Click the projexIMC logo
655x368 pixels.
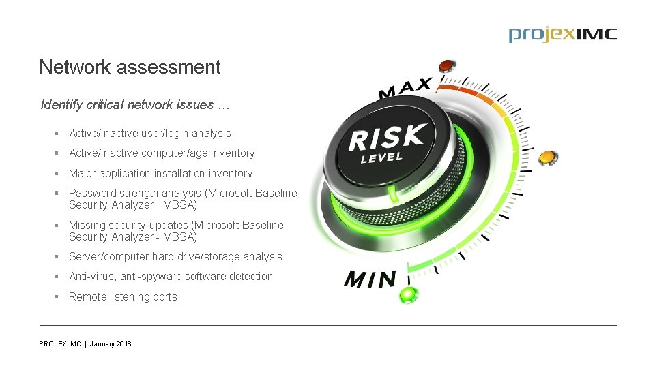click(x=562, y=35)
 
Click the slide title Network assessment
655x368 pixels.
click(x=130, y=67)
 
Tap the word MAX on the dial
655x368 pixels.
click(x=405, y=89)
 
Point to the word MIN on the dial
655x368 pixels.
click(x=370, y=279)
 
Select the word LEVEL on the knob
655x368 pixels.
click(x=382, y=158)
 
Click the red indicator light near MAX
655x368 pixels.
click(x=447, y=65)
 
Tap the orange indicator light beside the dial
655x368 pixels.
click(x=546, y=158)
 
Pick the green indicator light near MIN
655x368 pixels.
click(x=409, y=295)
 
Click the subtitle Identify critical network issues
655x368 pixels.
click(x=135, y=105)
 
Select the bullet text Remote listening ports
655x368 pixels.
click(x=123, y=296)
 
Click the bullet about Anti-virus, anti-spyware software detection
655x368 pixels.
click(x=171, y=276)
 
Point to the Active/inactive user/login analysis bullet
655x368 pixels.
click(x=149, y=134)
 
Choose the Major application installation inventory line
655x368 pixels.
click(x=160, y=174)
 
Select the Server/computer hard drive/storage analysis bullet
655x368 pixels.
click(x=175, y=256)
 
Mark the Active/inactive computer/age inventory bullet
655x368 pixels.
click(x=162, y=153)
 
